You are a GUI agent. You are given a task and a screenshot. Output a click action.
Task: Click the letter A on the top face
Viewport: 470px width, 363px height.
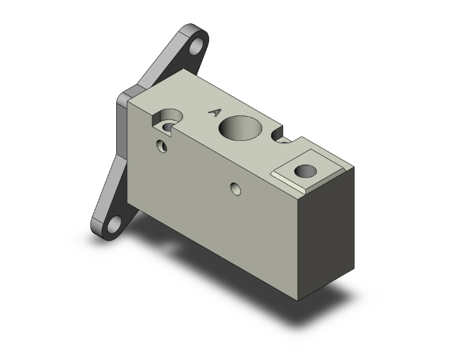215,112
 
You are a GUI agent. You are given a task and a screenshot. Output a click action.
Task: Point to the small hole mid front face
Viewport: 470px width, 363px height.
236,187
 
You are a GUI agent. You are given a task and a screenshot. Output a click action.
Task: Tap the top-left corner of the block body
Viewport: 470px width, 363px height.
130,98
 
